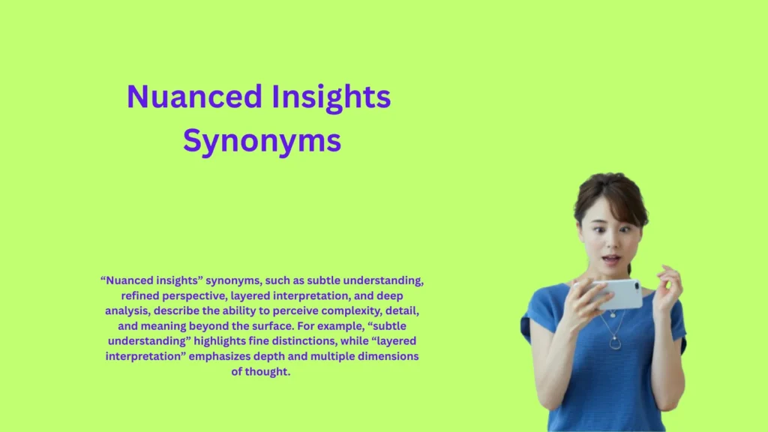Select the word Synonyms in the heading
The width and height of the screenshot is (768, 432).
pyautogui.click(x=262, y=141)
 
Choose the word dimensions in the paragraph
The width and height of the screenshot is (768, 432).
pyautogui.click(x=385, y=356)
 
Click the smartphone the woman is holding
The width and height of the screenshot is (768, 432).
pyautogui.click(x=616, y=294)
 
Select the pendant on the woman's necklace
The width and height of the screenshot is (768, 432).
pyautogui.click(x=614, y=343)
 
